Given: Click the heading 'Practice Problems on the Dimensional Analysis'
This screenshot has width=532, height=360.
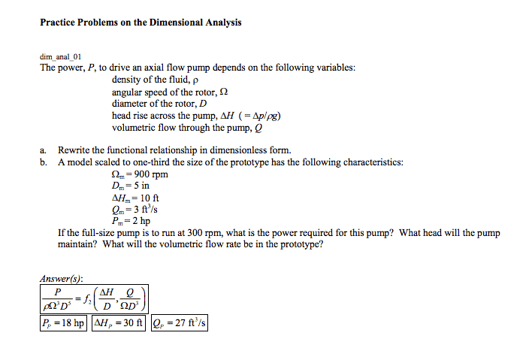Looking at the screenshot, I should point(141,23).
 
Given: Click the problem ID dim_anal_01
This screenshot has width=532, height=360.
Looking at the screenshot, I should point(60,56).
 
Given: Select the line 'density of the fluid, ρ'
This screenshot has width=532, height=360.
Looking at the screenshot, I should point(154,80).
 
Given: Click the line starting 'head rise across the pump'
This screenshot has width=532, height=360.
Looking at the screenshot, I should point(196,116).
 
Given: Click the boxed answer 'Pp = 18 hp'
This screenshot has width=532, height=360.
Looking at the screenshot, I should point(63,323).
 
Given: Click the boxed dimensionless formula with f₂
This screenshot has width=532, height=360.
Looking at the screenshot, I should point(94,298).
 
